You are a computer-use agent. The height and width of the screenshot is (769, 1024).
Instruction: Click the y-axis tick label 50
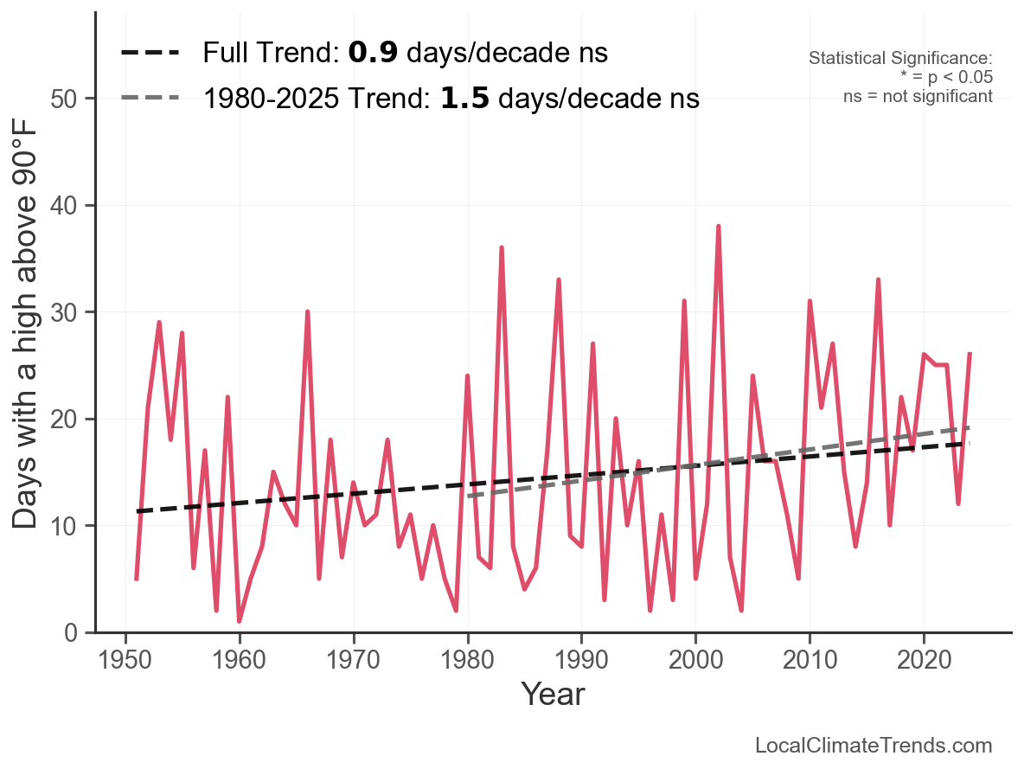pos(67,99)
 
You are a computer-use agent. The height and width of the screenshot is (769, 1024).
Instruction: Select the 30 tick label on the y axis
pos(67,312)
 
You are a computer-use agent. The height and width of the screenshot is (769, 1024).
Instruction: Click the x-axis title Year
pos(553,694)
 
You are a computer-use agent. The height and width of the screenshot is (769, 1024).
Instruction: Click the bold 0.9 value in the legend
pos(373,54)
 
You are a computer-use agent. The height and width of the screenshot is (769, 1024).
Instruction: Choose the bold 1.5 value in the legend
pos(464,99)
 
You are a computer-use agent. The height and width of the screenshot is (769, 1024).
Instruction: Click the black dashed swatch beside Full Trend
pos(150,54)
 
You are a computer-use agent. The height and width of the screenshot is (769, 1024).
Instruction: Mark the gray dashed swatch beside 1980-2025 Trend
pos(150,98)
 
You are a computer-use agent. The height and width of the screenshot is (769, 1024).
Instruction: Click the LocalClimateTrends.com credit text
pos(874,746)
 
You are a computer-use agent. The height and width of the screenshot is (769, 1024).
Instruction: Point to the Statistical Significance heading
pos(900,59)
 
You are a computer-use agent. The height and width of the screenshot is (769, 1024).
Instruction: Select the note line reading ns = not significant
pos(918,96)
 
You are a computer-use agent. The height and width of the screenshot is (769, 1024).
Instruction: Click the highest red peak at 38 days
pos(719,227)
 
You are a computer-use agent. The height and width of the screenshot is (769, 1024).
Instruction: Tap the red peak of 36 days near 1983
pos(502,248)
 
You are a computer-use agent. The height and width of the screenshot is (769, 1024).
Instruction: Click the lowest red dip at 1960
pos(240,620)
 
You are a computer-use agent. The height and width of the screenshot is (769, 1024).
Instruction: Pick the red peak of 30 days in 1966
pos(308,312)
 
